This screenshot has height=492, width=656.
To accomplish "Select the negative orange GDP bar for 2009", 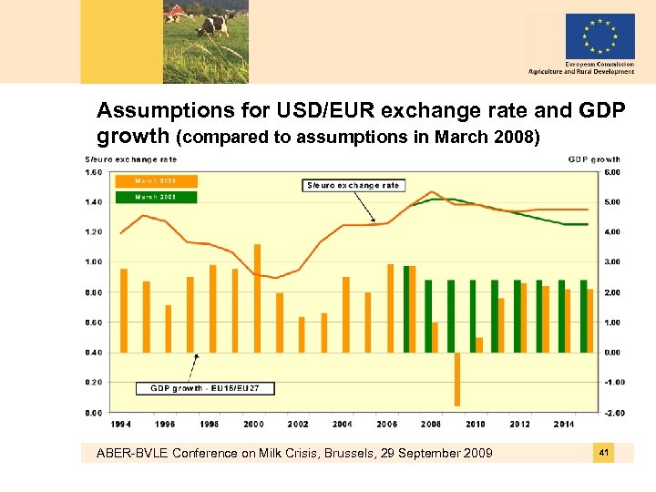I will (x=457, y=379).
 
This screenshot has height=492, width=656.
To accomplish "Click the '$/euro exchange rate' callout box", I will (x=352, y=185).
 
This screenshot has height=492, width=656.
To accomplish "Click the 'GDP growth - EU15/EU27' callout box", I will (x=205, y=388).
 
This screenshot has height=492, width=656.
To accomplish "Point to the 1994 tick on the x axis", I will (x=121, y=424).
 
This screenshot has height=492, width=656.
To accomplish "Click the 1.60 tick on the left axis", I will (x=93, y=171).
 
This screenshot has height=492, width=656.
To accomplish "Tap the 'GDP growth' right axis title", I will (x=594, y=159).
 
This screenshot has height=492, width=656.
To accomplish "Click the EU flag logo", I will (x=600, y=36).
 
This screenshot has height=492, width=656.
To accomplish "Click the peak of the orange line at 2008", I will (x=431, y=192).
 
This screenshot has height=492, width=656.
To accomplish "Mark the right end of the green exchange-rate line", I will (x=587, y=224).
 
